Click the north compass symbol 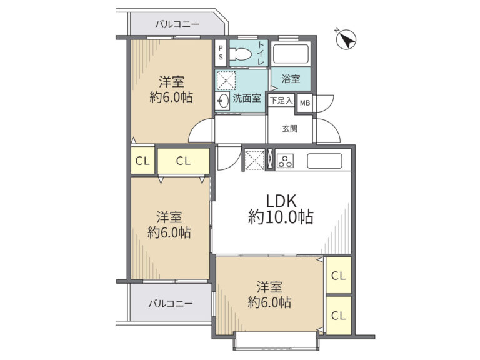[x=346, y=40]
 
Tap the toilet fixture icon [x=240, y=55]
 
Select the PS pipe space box [x=221, y=53]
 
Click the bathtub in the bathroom [x=290, y=54]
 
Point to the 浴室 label [x=291, y=79]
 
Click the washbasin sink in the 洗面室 [x=222, y=101]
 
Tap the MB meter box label [x=304, y=103]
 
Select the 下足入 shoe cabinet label [x=282, y=101]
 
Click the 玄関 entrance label [x=289, y=129]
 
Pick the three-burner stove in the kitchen [x=285, y=161]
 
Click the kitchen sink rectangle [x=324, y=161]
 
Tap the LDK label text [x=281, y=201]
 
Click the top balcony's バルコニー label [x=177, y=24]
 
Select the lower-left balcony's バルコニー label [x=171, y=304]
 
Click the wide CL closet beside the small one [x=184, y=161]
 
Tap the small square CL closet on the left [x=142, y=161]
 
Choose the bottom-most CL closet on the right [x=338, y=315]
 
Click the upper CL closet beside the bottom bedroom [x=338, y=276]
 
